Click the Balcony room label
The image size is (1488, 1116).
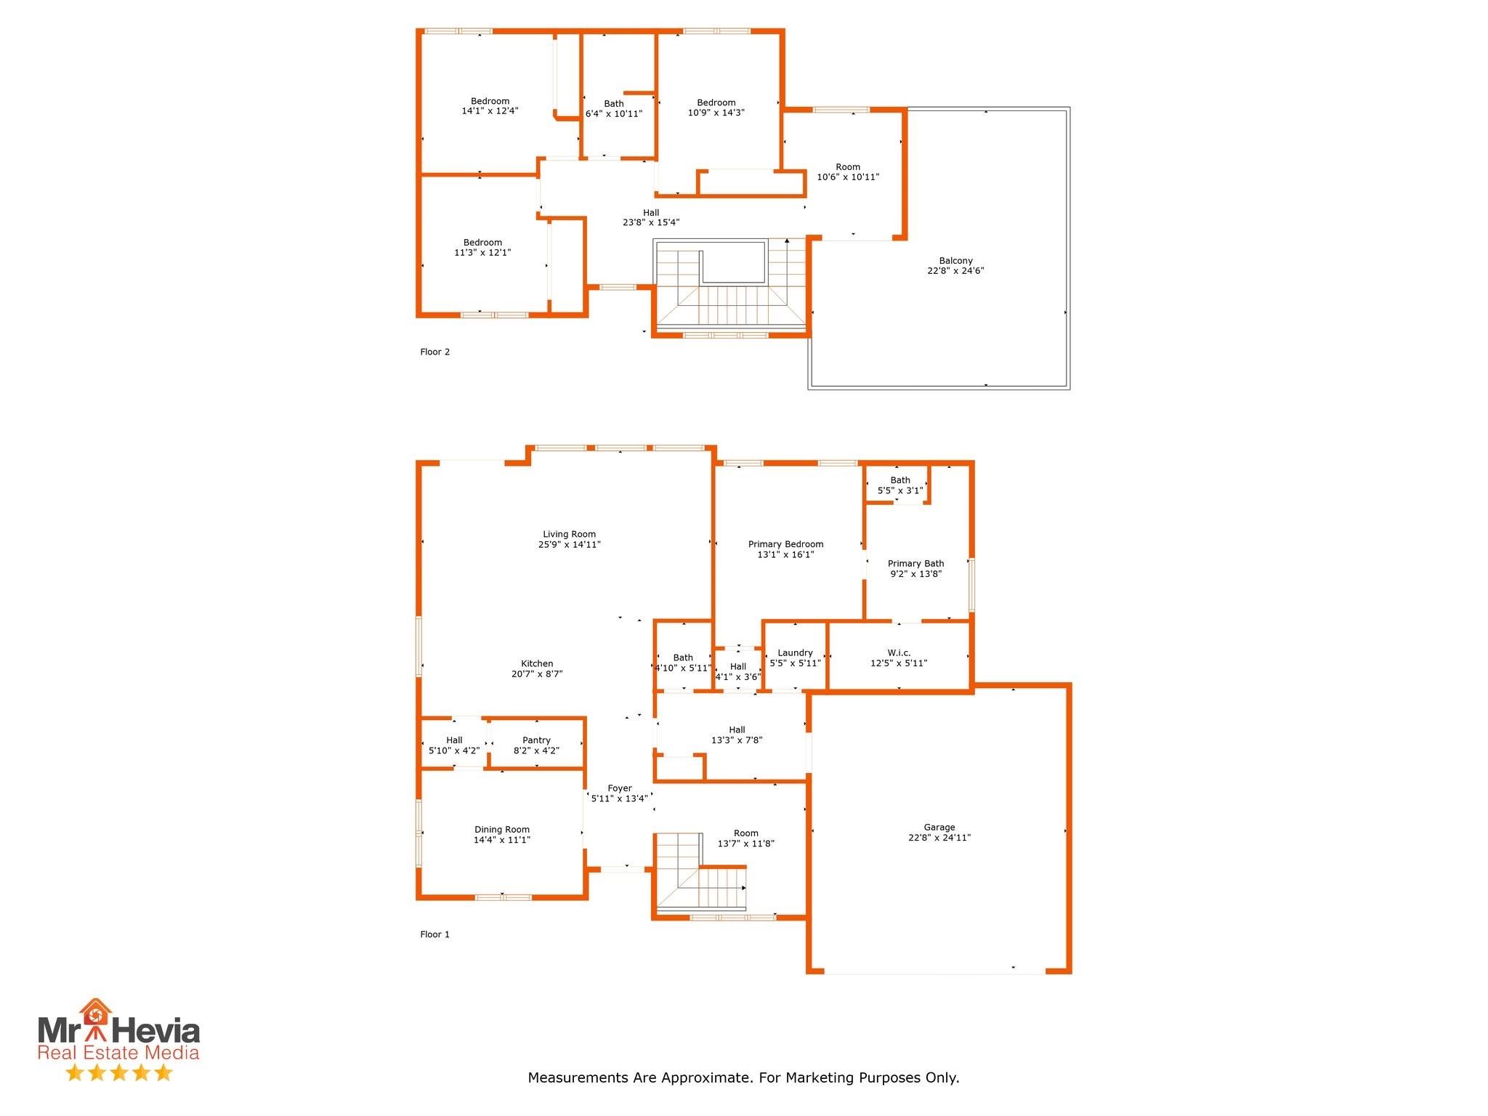pyautogui.click(x=955, y=261)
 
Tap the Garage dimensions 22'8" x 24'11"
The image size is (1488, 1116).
pyautogui.click(x=939, y=838)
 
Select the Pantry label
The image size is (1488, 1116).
pyautogui.click(x=536, y=740)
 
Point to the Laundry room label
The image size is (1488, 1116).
pyautogui.click(x=795, y=652)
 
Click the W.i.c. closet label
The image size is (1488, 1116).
pyautogui.click(x=899, y=652)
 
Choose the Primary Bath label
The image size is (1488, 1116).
pyautogui.click(x=915, y=563)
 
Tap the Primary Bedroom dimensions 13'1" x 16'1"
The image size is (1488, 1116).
pyautogui.click(x=785, y=554)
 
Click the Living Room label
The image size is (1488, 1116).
pyautogui.click(x=569, y=534)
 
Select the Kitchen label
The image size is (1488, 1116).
pyautogui.click(x=537, y=663)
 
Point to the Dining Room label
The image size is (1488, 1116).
pyautogui.click(x=502, y=829)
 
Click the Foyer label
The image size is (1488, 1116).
pyautogui.click(x=620, y=788)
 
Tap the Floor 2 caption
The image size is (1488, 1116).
pyautogui.click(x=434, y=352)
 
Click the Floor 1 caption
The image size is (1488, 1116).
pyautogui.click(x=434, y=934)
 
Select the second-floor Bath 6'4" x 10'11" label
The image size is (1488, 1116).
pyautogui.click(x=614, y=104)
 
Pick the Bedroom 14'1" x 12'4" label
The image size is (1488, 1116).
pyautogui.click(x=490, y=101)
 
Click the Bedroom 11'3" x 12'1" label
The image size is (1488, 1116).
pyautogui.click(x=482, y=243)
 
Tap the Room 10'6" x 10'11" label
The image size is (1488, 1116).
pyautogui.click(x=848, y=167)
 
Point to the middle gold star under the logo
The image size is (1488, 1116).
pyautogui.click(x=118, y=1072)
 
